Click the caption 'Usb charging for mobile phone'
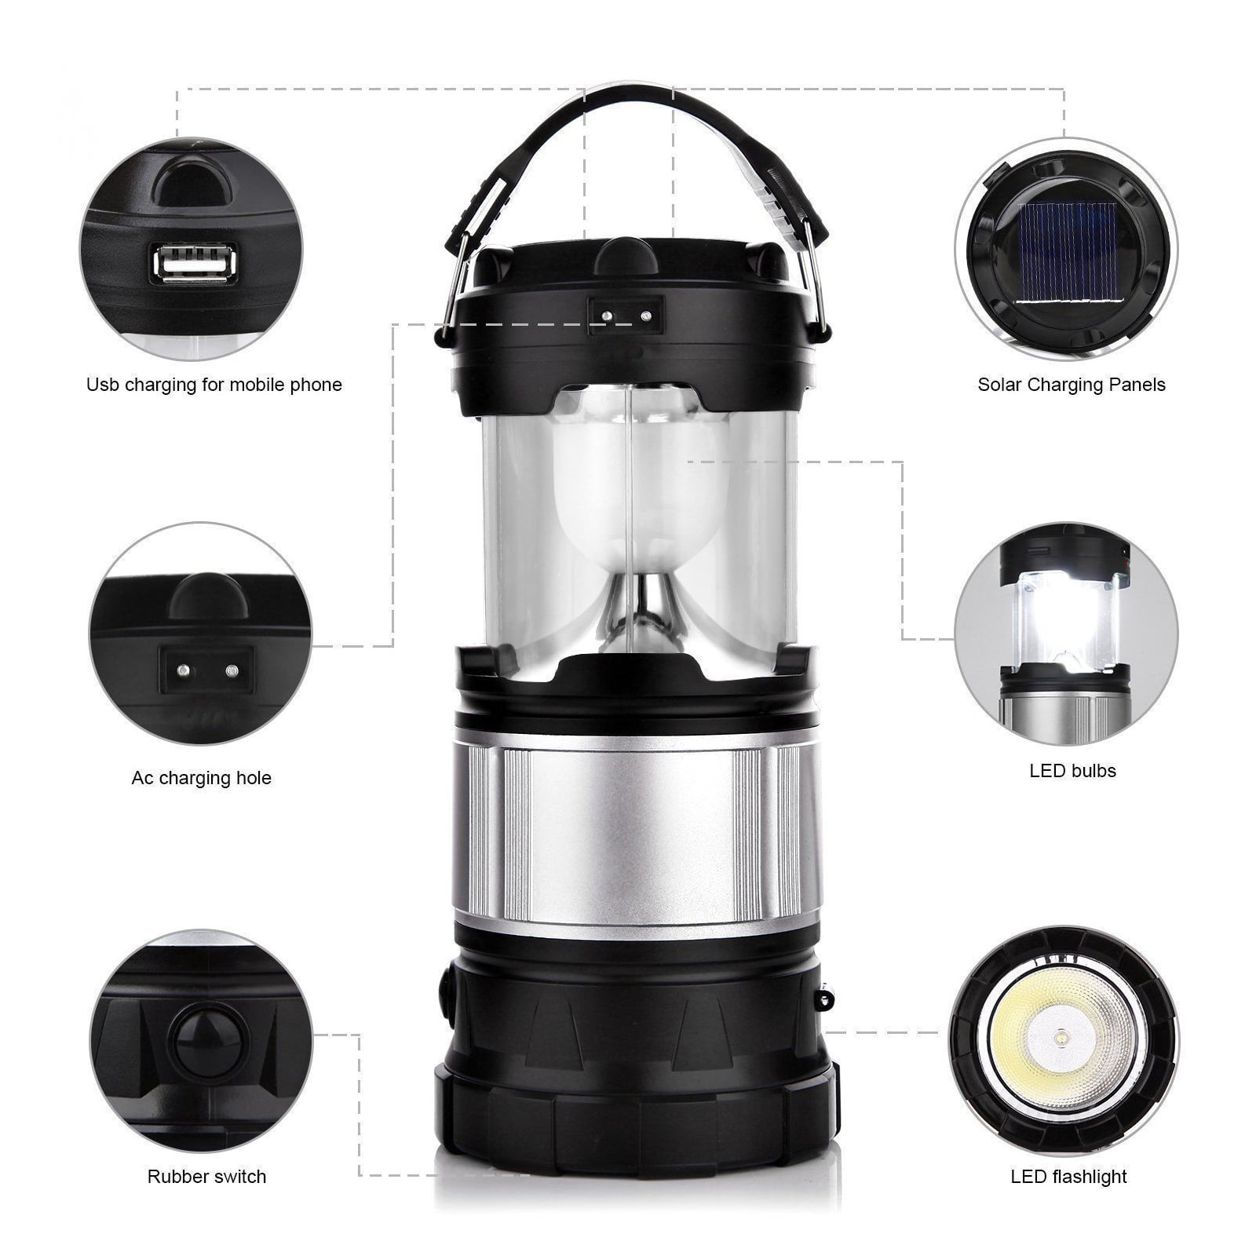point(214,385)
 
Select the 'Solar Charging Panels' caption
point(1072,385)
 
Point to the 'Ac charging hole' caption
point(202,778)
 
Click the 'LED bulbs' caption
point(1072,771)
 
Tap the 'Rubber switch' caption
point(207,1177)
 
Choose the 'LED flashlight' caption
point(1068,1177)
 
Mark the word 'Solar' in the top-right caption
point(1000,385)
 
